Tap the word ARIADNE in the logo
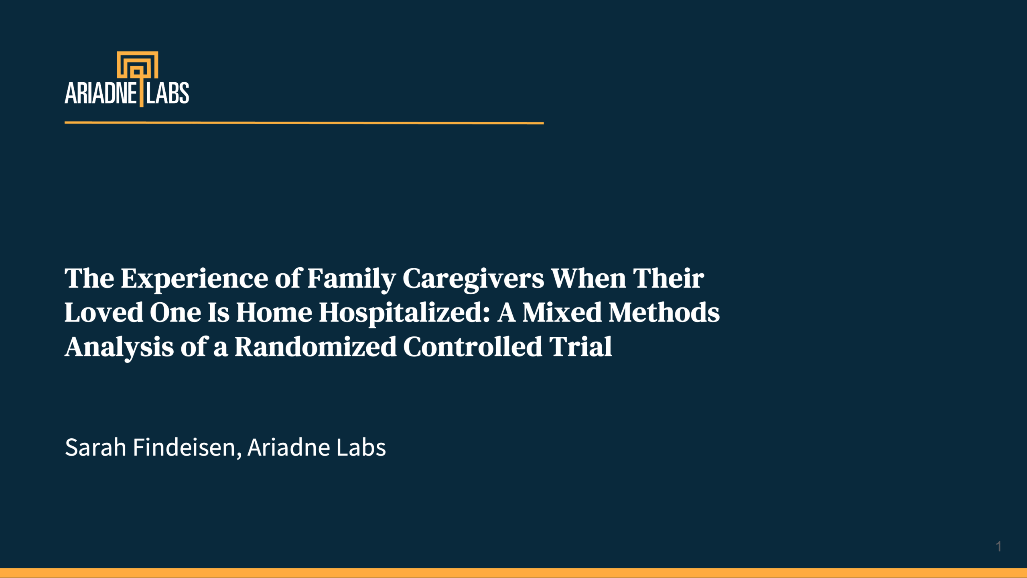(x=101, y=93)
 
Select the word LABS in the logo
(x=167, y=93)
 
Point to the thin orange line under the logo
(x=304, y=123)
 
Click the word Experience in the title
(x=195, y=279)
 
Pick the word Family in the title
(x=352, y=279)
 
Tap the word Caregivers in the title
(x=473, y=279)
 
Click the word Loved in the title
(x=104, y=312)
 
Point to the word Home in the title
(x=274, y=312)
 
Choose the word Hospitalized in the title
(x=404, y=313)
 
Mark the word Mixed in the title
(x=562, y=312)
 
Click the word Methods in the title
(x=664, y=312)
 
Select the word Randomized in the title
(x=316, y=347)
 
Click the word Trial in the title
(x=580, y=347)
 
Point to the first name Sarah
(x=95, y=447)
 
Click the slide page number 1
(x=999, y=546)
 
